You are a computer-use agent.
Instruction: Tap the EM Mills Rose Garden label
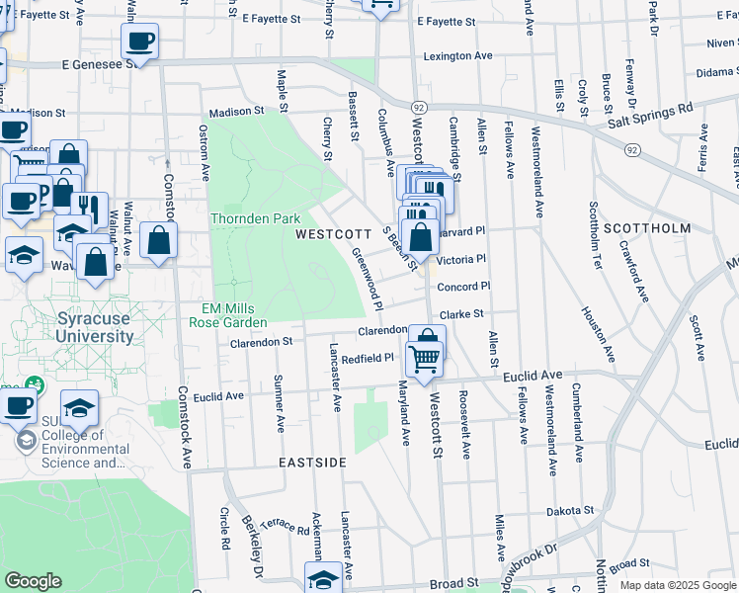(x=228, y=315)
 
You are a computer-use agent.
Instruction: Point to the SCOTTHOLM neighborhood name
(x=653, y=228)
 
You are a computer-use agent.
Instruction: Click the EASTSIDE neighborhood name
(x=312, y=463)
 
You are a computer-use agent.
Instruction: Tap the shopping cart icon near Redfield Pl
(x=425, y=360)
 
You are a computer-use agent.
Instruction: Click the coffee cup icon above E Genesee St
(x=139, y=42)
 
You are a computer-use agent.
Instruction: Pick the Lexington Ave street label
(x=457, y=56)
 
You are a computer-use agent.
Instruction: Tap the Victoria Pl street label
(x=463, y=259)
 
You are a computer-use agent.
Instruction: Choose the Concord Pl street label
(x=464, y=287)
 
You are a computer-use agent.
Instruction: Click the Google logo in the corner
(x=33, y=581)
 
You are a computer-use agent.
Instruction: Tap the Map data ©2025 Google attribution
(x=677, y=585)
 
